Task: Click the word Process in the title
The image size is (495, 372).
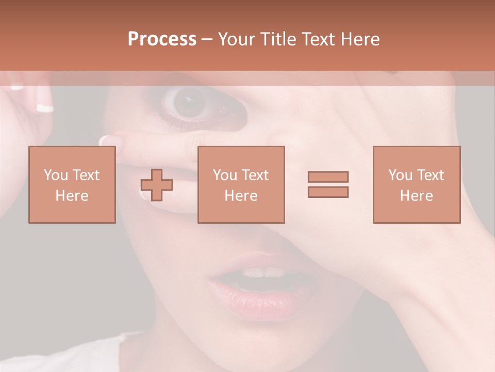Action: (162, 39)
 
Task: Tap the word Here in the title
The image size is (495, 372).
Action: (359, 39)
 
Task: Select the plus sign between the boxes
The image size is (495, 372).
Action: (157, 185)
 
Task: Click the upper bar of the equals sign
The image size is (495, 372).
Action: (328, 177)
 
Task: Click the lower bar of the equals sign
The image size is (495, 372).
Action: (328, 192)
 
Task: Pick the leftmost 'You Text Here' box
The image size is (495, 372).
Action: (72, 185)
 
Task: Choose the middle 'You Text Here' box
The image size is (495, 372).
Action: (241, 185)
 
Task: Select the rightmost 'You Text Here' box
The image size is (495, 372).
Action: (417, 185)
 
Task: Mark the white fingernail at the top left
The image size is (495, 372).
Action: (45, 108)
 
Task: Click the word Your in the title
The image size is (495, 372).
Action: (238, 39)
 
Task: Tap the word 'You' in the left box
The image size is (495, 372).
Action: (56, 175)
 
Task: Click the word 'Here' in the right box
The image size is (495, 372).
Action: (417, 196)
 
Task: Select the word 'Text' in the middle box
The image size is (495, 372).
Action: (255, 175)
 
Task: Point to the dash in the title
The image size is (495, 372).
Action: (207, 39)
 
